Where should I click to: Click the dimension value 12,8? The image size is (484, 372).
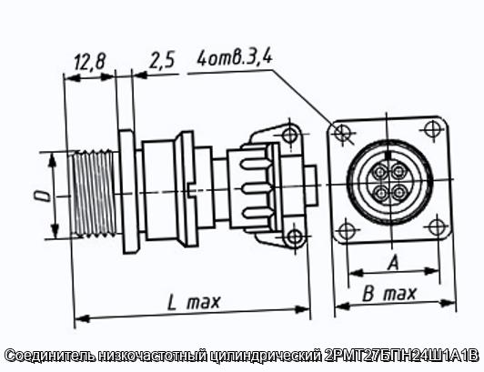coord(90,62)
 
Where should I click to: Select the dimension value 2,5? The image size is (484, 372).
coord(162,60)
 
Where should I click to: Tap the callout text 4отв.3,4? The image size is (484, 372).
coord(235,57)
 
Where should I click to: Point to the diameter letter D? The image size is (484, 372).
coord(44,196)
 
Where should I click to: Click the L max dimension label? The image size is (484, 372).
coord(194,302)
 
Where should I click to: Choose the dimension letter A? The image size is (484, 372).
coord(394,263)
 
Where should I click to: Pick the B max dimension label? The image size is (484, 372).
coord(389,293)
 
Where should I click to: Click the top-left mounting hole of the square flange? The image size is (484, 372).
coord(342,133)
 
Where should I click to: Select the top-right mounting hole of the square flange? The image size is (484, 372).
coord(432,129)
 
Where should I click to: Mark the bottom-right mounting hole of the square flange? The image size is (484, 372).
coord(437,226)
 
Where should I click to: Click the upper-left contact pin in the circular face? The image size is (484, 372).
coord(380,172)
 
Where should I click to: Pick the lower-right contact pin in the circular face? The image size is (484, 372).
coord(399,193)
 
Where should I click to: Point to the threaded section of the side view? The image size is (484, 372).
coord(93,193)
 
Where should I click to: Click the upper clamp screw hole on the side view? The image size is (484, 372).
coord(289,134)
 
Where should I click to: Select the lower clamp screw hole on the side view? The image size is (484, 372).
coord(295,237)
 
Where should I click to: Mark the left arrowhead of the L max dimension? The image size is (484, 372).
coord(82,318)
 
